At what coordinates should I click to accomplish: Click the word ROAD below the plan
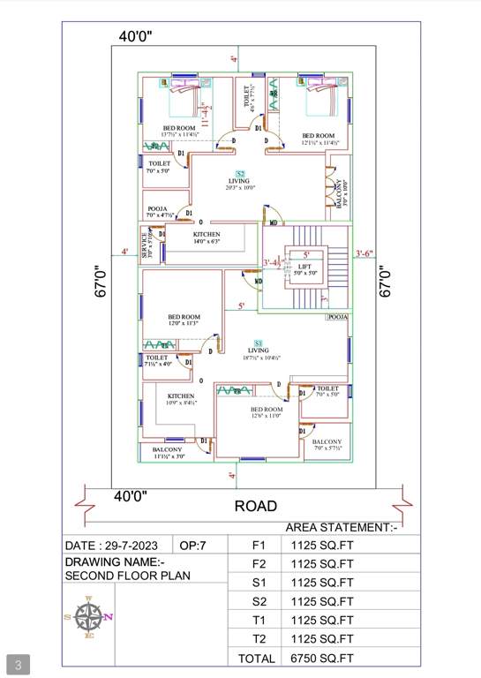[x=256, y=506]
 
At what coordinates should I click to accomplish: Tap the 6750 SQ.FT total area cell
[x=323, y=658]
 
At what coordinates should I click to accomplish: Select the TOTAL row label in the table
[x=258, y=658]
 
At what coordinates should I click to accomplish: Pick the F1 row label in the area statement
[x=259, y=546]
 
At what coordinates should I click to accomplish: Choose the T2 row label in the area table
[x=259, y=638]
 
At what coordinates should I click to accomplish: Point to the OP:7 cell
[x=193, y=546]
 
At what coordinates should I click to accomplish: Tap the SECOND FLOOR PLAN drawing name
[x=128, y=575]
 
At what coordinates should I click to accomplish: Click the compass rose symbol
[x=89, y=617]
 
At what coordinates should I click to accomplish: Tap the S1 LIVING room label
[x=259, y=347]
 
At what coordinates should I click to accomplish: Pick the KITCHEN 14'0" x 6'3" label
[x=207, y=237]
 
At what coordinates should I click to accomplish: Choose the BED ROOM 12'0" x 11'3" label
[x=184, y=320]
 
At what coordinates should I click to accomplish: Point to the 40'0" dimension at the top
[x=136, y=36]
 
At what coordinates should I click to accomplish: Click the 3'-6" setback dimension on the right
[x=364, y=253]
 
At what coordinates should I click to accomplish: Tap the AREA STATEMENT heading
[x=341, y=527]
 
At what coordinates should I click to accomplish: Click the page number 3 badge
[x=18, y=663]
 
